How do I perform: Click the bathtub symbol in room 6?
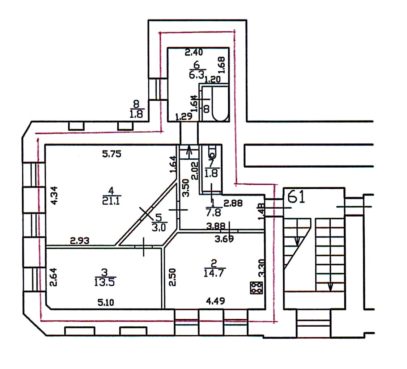pos(220,104)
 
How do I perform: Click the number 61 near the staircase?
pos(297,197)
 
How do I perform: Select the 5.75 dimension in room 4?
pos(112,154)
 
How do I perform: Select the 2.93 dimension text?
pos(80,240)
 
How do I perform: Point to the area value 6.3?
pos(197,75)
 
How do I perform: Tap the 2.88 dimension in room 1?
pos(233,204)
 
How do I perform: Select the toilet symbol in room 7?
pos(211,151)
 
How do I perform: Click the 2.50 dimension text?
pos(173,277)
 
